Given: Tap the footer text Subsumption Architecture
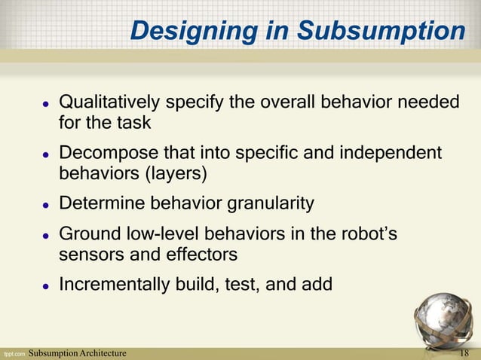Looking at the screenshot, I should coord(77,353).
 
